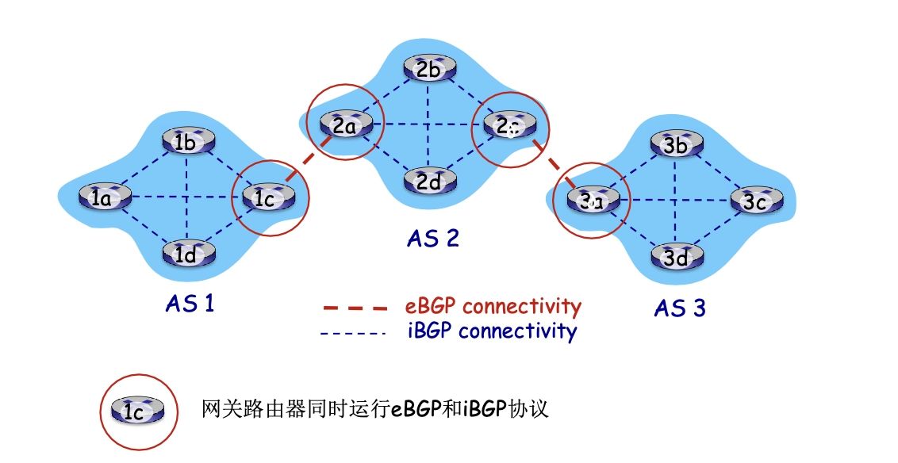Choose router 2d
tap(429, 181)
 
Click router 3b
tap(677, 145)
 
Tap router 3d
tap(677, 257)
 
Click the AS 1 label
tap(190, 303)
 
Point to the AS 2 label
tap(433, 238)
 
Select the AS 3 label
tap(680, 308)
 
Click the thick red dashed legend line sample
tap(355, 308)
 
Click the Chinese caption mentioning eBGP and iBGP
tap(376, 410)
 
